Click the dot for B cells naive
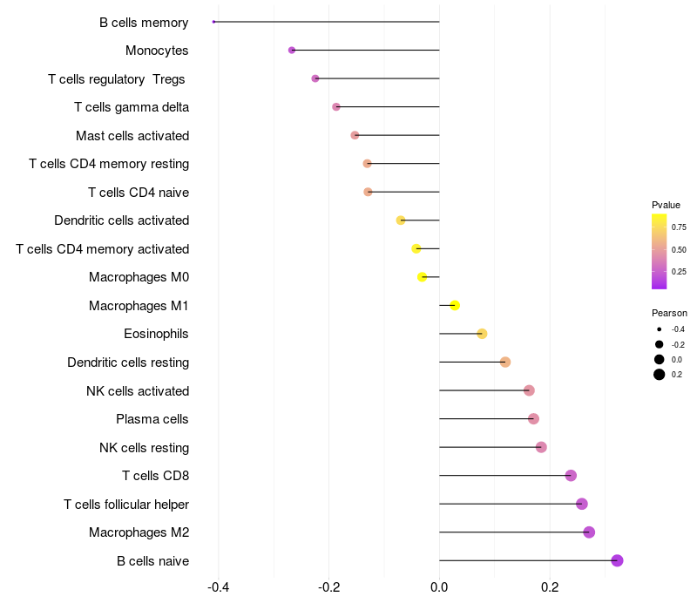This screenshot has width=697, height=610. [618, 560]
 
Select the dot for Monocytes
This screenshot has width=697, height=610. [292, 51]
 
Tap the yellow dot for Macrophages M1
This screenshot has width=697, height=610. [455, 305]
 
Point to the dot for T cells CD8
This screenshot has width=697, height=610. [571, 475]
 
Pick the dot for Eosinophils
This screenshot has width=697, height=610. [482, 334]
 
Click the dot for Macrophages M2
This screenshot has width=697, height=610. [589, 532]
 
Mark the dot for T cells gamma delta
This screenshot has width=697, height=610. [336, 107]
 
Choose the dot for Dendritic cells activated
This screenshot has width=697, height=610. [401, 220]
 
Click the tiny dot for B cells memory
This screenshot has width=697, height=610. [213, 22]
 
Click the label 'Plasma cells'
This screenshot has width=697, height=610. [152, 419]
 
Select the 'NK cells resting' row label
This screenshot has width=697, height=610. [144, 448]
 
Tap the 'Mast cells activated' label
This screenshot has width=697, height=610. [132, 136]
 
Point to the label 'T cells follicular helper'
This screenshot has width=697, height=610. [126, 505]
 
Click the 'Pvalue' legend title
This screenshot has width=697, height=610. [666, 205]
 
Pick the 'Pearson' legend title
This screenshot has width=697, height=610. [669, 313]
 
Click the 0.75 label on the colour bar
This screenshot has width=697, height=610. [678, 227]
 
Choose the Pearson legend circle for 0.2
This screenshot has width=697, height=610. [660, 375]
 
